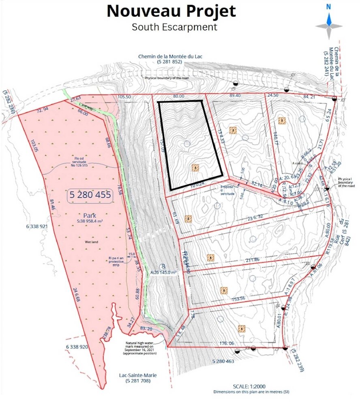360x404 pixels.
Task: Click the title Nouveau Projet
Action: pos(171,11)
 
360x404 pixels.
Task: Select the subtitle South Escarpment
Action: pos(174,27)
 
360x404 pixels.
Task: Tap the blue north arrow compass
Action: pos(329,20)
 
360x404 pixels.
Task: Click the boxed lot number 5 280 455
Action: pos(90,195)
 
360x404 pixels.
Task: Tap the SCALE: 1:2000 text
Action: pos(249,386)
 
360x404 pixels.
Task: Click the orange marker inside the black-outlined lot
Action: pos(195,167)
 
